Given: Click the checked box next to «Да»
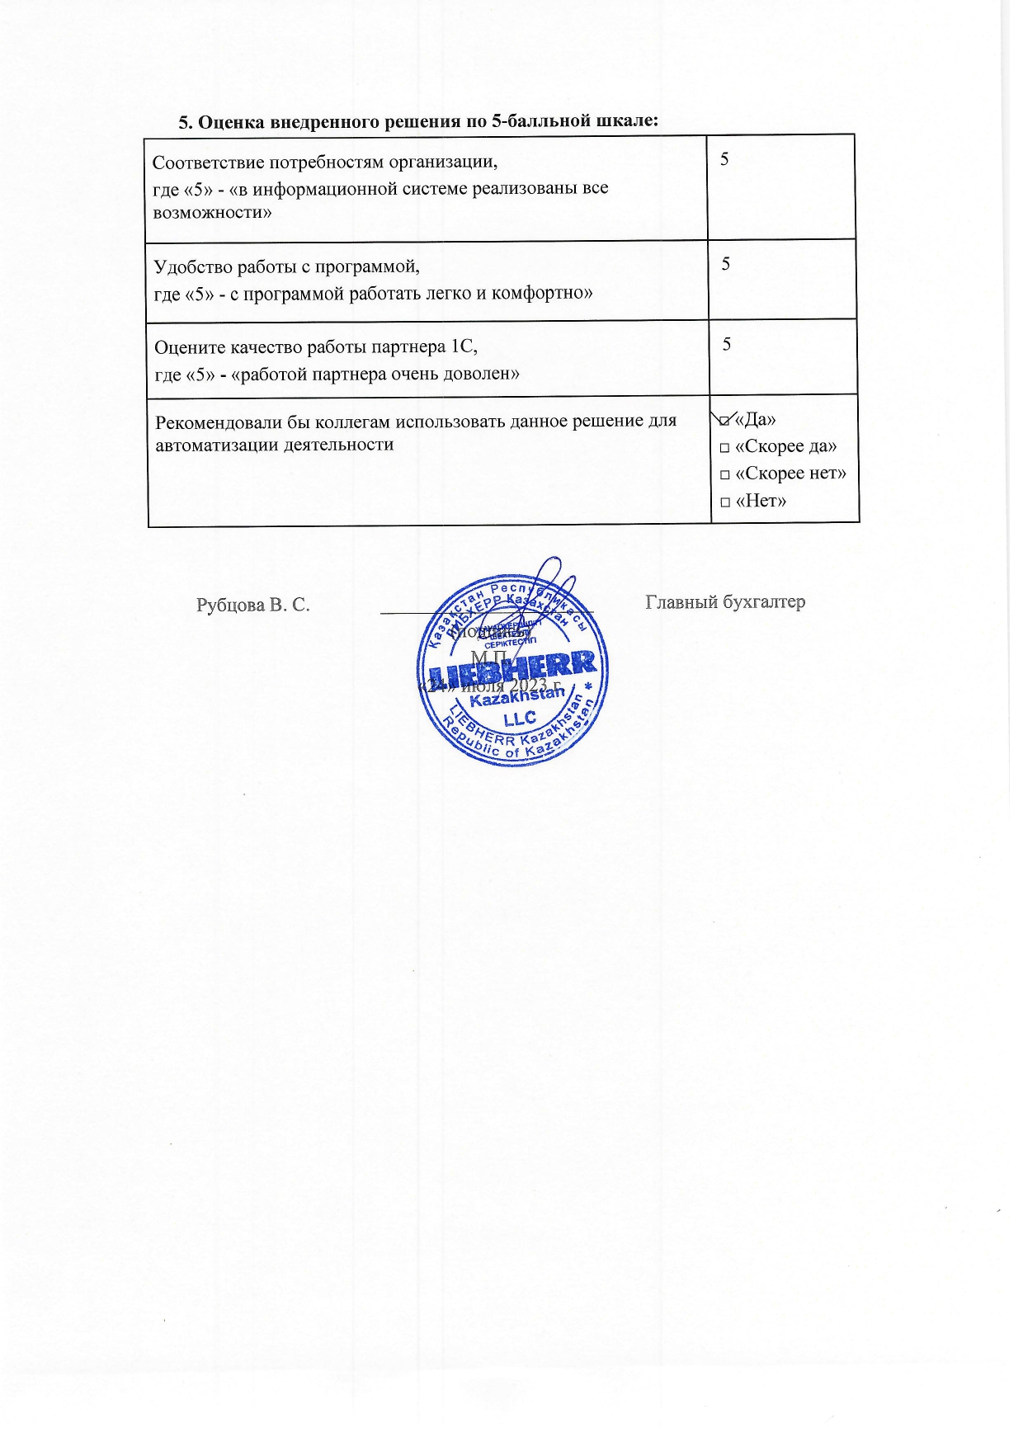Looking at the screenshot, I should pyautogui.click(x=724, y=422).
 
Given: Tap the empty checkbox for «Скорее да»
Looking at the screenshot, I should pyautogui.click(x=724, y=448).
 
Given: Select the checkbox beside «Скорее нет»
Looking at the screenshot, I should pyautogui.click(x=724, y=475).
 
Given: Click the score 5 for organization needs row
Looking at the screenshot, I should pyautogui.click(x=724, y=158).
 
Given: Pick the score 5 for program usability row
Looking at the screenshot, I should pyautogui.click(x=726, y=263).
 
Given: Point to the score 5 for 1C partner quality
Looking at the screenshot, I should pyautogui.click(x=727, y=343).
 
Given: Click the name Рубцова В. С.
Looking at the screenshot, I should pyautogui.click(x=252, y=605).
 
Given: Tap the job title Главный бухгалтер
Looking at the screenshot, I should pyautogui.click(x=725, y=602).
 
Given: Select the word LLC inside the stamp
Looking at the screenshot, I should pyautogui.click(x=519, y=719).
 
